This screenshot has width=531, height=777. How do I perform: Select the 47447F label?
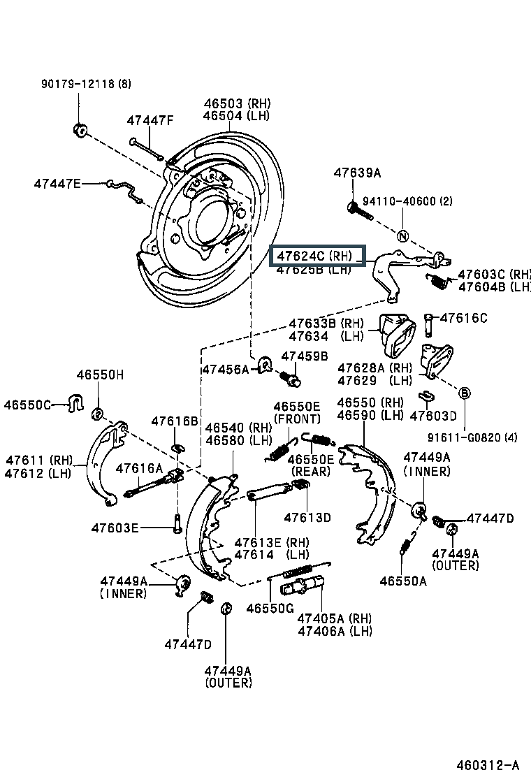[x=150, y=120]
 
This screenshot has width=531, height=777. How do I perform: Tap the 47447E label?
[x=57, y=184]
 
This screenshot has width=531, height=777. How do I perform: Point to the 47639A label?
[x=357, y=173]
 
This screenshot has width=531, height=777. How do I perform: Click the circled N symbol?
[x=402, y=236]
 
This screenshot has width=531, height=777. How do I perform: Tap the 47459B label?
[x=304, y=356]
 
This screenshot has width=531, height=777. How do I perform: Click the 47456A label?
[x=225, y=369]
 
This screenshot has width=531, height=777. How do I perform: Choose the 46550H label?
[x=100, y=375]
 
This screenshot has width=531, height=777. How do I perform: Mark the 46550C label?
[x=27, y=405]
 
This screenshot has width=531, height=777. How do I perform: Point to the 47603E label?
[x=115, y=528]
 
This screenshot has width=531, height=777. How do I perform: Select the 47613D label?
[x=307, y=518]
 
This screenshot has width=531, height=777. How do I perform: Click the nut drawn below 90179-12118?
[x=79, y=129]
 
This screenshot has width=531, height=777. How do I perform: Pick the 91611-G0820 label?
[x=473, y=438]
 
